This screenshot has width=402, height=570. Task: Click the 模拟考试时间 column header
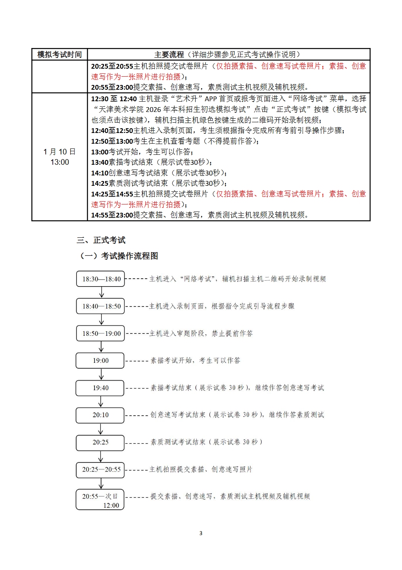[x=60, y=54]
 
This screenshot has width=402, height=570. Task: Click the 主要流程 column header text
[x=169, y=54]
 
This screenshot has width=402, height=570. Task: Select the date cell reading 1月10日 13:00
[x=60, y=157]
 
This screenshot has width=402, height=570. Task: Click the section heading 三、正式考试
[x=101, y=240]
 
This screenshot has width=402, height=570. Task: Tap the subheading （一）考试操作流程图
[x=119, y=256]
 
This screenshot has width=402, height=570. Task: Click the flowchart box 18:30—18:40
[x=101, y=279]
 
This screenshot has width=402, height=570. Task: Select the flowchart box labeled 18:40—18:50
[x=101, y=306]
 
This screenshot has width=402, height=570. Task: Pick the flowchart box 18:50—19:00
[x=101, y=333]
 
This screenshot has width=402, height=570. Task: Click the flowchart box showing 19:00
[x=100, y=360]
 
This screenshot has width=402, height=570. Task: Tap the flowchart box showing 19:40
[x=100, y=388]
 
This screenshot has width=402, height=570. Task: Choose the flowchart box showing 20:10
[x=100, y=415]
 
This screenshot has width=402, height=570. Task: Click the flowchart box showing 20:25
[x=100, y=442]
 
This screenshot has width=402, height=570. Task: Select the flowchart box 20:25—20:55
[x=101, y=469]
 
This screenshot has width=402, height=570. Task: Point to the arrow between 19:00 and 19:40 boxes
[x=101, y=374]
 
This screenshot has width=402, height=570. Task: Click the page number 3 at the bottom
[x=201, y=533]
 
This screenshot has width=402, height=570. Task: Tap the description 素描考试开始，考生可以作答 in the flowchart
[x=195, y=360]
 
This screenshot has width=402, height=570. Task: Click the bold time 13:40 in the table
[x=100, y=162]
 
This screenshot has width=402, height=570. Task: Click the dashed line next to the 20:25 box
[x=137, y=443]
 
